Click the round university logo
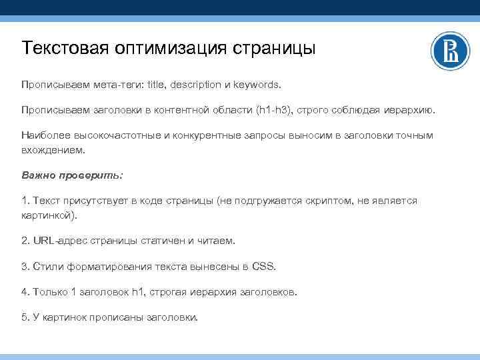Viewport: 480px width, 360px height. click(x=450, y=51)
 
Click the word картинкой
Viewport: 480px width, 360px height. click(x=48, y=215)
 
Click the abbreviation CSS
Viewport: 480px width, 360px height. click(x=263, y=266)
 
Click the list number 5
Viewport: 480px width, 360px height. click(x=25, y=317)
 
